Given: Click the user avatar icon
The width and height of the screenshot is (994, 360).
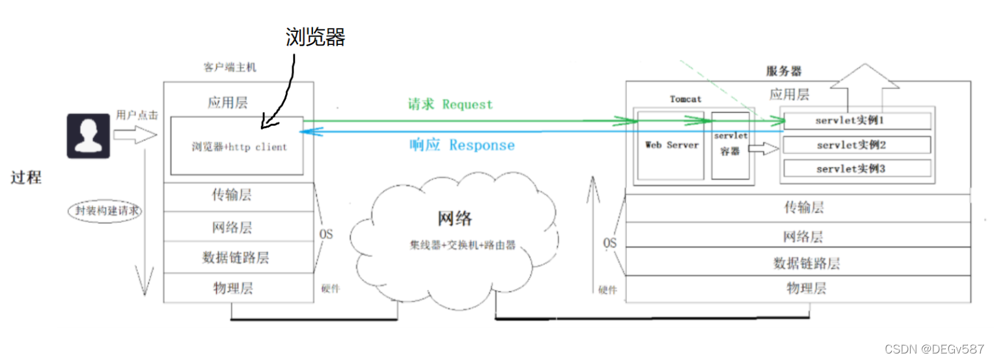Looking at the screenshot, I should pyautogui.click(x=88, y=135).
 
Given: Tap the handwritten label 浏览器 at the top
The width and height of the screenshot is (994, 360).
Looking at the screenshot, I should pyautogui.click(x=315, y=37).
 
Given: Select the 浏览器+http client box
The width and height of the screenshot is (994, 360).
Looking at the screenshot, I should pyautogui.click(x=237, y=146).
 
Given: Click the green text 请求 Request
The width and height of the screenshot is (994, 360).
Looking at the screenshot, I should pyautogui.click(x=450, y=104).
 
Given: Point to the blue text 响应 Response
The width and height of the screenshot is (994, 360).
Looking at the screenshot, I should pyautogui.click(x=462, y=145).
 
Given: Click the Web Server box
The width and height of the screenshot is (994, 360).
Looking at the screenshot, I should pyautogui.click(x=671, y=145).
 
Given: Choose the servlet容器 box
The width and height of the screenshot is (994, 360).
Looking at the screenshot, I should pyautogui.click(x=730, y=145).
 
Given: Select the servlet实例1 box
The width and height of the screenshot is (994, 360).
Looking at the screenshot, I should pyautogui.click(x=857, y=121).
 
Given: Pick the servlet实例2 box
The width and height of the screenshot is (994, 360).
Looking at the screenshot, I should pyautogui.click(x=857, y=145).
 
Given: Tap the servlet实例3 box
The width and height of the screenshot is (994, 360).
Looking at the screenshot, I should pyautogui.click(x=857, y=169).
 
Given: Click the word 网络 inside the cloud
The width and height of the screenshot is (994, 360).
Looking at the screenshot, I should pyautogui.click(x=454, y=218).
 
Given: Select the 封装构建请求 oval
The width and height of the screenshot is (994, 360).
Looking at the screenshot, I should pyautogui.click(x=104, y=211).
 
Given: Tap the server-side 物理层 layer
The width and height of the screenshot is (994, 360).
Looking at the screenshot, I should pyautogui.click(x=806, y=288).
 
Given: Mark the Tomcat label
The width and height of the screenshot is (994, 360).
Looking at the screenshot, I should pyautogui.click(x=685, y=99).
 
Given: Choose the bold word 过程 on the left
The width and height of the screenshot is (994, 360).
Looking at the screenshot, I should pyautogui.click(x=26, y=177).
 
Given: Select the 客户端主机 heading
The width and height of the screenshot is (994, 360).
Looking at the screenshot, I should pyautogui.click(x=230, y=67).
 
